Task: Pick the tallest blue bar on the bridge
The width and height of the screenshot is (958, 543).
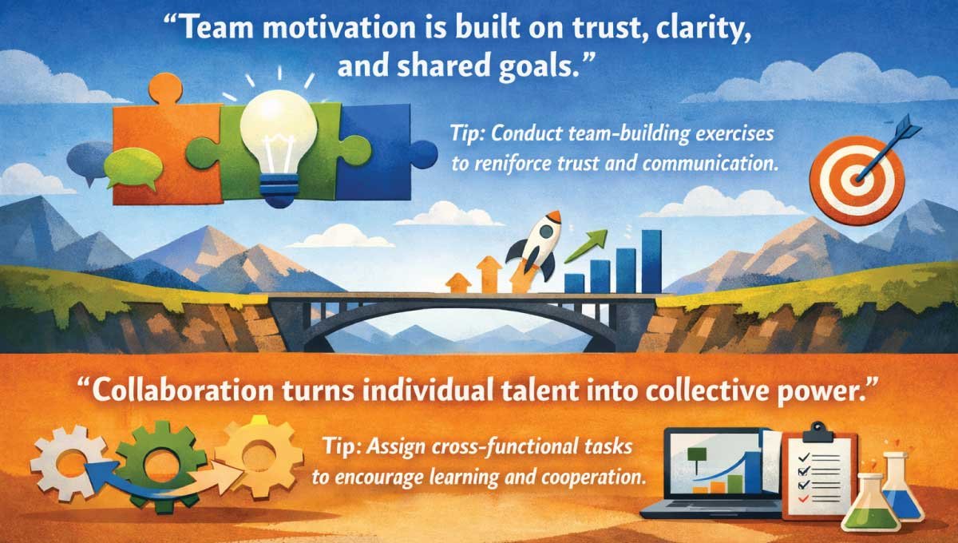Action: tap(651, 260)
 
